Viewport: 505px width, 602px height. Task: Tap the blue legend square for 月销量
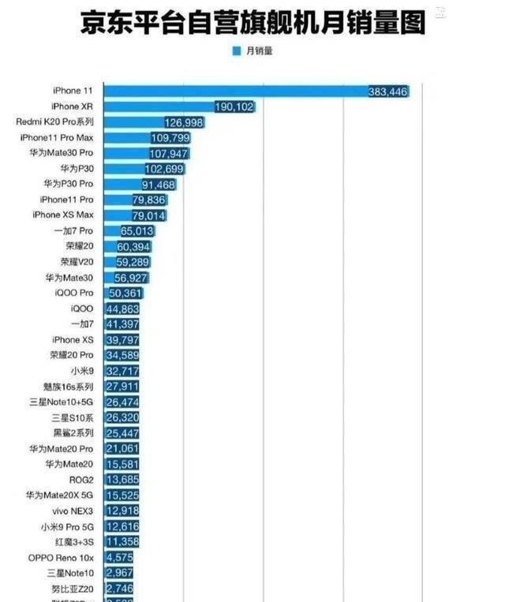236,51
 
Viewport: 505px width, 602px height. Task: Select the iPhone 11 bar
237,92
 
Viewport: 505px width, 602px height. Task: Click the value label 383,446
387,92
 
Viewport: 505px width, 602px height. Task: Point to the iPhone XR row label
77,107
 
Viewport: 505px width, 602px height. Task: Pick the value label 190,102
234,107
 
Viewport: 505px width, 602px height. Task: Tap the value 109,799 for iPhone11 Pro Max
170,137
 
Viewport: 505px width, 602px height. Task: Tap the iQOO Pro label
75,293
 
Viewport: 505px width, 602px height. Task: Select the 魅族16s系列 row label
69,386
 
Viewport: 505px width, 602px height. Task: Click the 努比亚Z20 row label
74,588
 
